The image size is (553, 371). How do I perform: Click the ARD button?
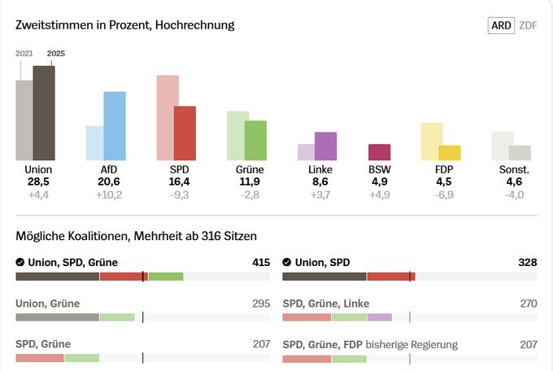point(501,25)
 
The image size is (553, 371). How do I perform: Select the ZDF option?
point(528,25)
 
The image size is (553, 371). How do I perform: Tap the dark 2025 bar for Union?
point(44,113)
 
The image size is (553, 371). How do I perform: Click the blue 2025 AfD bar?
point(115,126)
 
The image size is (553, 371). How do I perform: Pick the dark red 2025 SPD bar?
point(185,133)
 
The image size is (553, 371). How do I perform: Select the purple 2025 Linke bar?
point(325,146)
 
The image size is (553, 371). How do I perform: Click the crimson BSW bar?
point(379,152)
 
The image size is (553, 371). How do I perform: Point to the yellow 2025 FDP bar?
point(450,153)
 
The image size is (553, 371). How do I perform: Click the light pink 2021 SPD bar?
point(168,118)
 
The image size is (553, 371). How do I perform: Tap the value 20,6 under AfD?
point(109,182)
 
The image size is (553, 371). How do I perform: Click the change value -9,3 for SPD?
point(179,195)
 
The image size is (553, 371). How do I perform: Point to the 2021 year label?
point(24,54)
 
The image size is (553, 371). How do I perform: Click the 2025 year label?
point(56,54)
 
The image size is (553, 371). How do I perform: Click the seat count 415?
point(261,263)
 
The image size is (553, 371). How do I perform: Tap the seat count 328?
point(528,263)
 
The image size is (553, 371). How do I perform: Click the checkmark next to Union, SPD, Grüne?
point(20,263)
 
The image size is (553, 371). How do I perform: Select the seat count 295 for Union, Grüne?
point(261,303)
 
